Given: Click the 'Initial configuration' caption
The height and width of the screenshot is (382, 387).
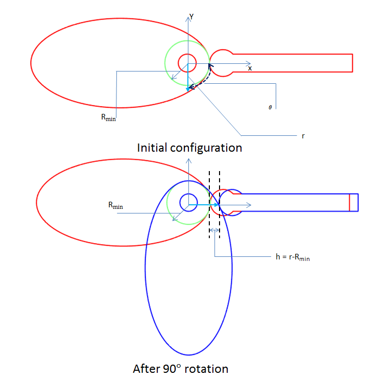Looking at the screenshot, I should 189,148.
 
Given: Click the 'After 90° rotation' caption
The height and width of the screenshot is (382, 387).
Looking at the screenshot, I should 180,368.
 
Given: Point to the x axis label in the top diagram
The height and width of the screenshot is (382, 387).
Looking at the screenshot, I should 250,68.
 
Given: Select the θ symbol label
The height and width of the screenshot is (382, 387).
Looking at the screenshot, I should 270,107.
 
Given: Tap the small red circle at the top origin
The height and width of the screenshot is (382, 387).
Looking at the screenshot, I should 187,63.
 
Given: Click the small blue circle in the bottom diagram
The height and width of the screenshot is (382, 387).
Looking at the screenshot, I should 188,202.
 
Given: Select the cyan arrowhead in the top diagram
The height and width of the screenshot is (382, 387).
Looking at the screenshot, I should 188,88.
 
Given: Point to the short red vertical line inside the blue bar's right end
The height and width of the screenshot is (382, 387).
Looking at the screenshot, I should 349,202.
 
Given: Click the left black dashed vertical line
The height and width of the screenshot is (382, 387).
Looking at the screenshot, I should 209,204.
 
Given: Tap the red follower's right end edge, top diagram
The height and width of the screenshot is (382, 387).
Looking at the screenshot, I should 353,63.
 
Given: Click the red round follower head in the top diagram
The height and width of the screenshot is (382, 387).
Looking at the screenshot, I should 221,63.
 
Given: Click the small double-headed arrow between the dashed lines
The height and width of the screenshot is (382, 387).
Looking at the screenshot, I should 215,231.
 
